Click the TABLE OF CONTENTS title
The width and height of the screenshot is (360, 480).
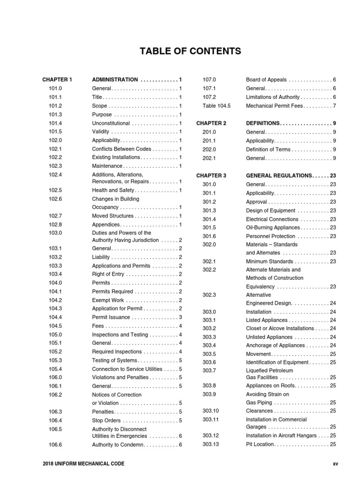tap(190, 51)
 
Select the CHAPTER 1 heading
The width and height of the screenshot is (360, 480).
tap(57, 80)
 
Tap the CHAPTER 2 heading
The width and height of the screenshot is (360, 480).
tap(211, 123)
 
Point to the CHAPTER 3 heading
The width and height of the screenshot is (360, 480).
tap(211, 175)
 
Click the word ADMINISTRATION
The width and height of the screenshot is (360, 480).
tap(115, 80)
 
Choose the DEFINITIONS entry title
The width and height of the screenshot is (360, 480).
tap(262, 123)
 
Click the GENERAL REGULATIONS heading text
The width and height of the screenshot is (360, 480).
tap(279, 175)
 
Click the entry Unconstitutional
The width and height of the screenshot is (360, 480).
tap(111, 123)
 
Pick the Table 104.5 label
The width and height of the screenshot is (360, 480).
tap(217, 106)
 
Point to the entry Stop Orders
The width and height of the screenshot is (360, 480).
tap(106, 420)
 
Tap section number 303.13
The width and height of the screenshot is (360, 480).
tap(210, 444)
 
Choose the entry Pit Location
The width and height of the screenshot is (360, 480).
tap(261, 444)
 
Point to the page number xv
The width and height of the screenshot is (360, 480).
tap(335, 464)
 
